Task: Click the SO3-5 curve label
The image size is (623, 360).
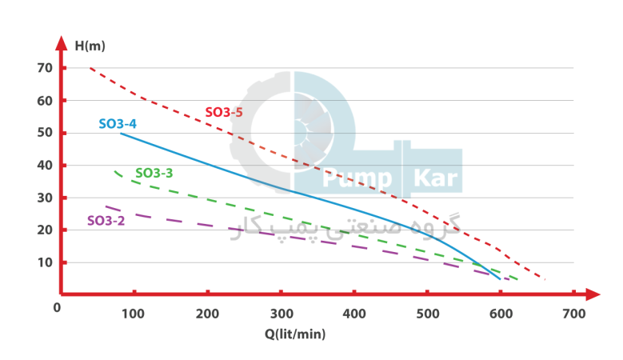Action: coord(224,113)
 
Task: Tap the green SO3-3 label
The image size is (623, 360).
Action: coord(154,173)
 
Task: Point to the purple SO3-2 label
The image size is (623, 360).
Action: coord(106,220)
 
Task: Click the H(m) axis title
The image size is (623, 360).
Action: coord(90,45)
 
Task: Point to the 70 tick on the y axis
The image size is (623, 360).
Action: coord(44,68)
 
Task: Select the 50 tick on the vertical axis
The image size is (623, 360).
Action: coord(44,133)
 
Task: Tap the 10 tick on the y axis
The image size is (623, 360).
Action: coord(44,262)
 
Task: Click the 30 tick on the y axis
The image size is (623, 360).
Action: coord(44,198)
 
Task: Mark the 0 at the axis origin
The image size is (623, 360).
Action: coord(57,306)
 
